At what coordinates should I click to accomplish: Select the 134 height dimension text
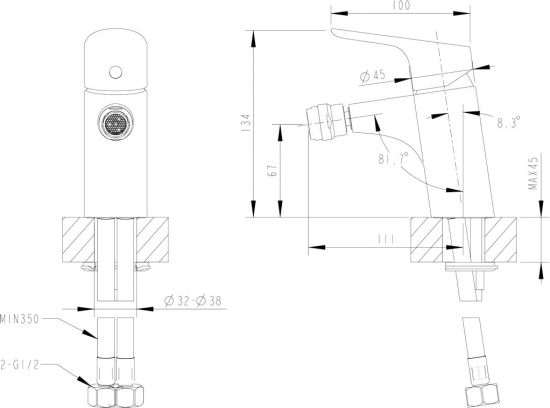tap(247, 123)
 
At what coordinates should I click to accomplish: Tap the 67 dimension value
tap(273, 170)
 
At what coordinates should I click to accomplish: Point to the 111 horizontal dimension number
tap(386, 239)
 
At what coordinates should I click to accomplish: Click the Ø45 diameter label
tap(373, 76)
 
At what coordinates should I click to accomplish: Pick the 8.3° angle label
tap(508, 122)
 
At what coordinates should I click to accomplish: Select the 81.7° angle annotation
tap(393, 159)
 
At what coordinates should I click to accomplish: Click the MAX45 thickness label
tap(533, 173)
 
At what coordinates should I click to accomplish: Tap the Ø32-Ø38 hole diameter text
tap(193, 301)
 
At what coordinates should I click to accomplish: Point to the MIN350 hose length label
tap(19, 319)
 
